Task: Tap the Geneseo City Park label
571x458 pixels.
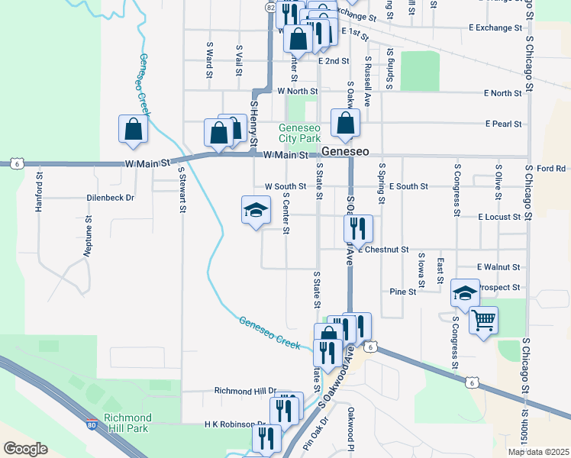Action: (x=299, y=134)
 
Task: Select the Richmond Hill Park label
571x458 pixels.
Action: (x=127, y=423)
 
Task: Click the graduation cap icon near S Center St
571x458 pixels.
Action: (x=256, y=211)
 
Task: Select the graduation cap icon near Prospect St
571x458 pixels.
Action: (x=464, y=292)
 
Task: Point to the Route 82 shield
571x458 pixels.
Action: (x=271, y=6)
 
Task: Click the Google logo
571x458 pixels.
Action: (x=25, y=448)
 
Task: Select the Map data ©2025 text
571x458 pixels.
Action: (x=537, y=452)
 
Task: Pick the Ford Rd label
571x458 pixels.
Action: (x=550, y=168)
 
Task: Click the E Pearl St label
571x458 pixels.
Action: (x=503, y=124)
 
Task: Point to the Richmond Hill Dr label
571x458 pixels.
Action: (x=245, y=391)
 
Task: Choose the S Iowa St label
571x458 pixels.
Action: (x=420, y=271)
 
